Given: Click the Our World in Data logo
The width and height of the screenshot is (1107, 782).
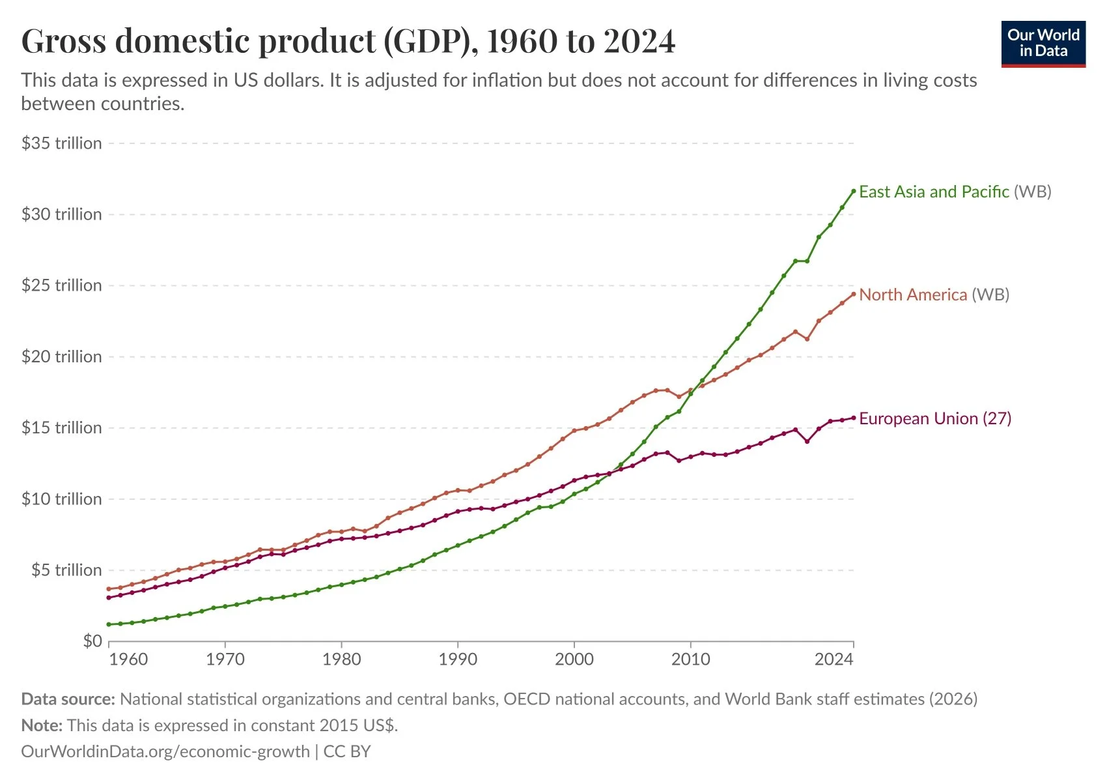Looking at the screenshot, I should tap(1043, 44).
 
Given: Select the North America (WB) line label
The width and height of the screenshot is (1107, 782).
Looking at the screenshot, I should tap(934, 295).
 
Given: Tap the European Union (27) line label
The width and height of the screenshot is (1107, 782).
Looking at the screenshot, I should tap(935, 418).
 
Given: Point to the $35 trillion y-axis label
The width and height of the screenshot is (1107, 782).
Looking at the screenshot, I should tap(62, 143).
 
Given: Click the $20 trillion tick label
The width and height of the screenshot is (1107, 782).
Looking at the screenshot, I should tap(62, 356).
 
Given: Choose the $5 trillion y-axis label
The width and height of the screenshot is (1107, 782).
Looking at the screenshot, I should tap(66, 570).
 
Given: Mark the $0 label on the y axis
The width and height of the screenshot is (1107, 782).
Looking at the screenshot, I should tap(92, 641).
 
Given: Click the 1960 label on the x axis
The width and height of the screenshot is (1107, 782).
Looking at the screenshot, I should tap(128, 659).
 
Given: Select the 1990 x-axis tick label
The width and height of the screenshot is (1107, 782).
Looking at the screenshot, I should tap(458, 659).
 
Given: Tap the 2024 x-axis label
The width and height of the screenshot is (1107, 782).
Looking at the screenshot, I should tap(834, 659).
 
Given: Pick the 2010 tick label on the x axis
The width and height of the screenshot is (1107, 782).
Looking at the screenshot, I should tap(690, 659).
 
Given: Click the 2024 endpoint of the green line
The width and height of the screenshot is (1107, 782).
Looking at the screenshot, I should tap(854, 191).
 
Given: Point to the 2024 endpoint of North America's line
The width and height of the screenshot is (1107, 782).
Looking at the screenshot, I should tap(854, 294).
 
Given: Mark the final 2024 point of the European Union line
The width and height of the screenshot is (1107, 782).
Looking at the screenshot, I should tap(854, 418).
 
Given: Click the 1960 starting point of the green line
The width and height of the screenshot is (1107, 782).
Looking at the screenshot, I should tap(109, 624).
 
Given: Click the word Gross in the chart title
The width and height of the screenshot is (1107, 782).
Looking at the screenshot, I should tap(63, 41).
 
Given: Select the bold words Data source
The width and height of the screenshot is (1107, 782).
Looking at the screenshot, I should tap(68, 699).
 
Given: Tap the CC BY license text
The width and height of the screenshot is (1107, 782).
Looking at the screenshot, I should tap(347, 751).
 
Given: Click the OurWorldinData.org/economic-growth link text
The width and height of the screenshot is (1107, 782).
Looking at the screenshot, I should tap(165, 751).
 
